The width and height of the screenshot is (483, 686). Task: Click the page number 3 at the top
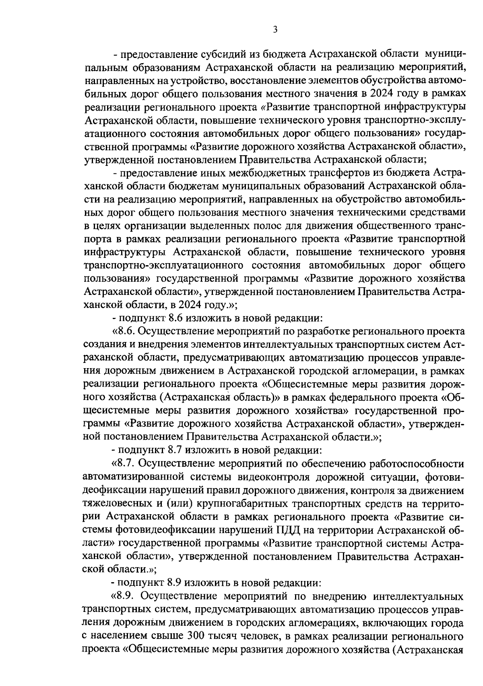pyautogui.click(x=275, y=30)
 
